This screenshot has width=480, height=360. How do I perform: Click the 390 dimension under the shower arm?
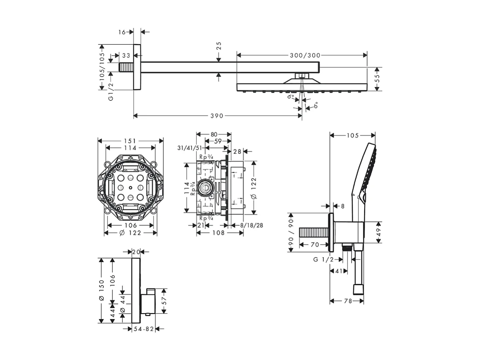[216, 115]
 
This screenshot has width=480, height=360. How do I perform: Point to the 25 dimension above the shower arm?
[218, 45]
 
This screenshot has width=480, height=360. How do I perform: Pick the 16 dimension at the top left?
[122, 32]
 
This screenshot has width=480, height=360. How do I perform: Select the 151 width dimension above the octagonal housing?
[130, 141]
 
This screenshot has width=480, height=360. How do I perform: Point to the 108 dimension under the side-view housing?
[216, 232]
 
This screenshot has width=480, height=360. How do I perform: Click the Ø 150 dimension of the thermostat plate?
[101, 291]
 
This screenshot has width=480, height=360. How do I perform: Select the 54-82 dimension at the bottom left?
[143, 329]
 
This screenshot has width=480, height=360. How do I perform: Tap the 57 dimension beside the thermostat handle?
[165, 301]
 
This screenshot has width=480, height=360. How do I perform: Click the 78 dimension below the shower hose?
[348, 301]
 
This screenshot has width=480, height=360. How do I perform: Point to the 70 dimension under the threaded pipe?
[315, 244]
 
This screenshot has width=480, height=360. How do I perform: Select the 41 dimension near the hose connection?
[339, 271]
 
